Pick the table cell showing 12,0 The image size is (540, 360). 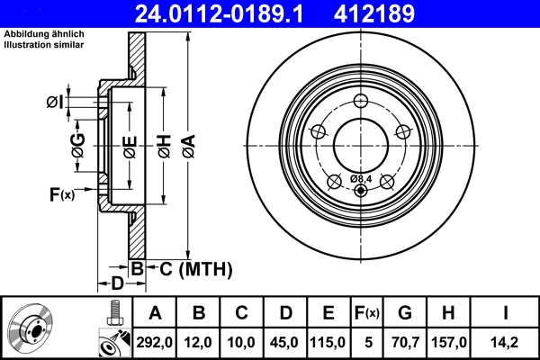(x=199, y=343)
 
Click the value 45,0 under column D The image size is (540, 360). (x=285, y=343)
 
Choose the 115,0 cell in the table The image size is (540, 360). (x=328, y=343)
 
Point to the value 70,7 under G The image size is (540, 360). (x=405, y=343)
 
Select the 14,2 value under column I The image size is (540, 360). (x=505, y=343)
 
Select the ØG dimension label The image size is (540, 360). (x=78, y=143)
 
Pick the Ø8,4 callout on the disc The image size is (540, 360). (x=361, y=178)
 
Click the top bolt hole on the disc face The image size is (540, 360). (x=361, y=102)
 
